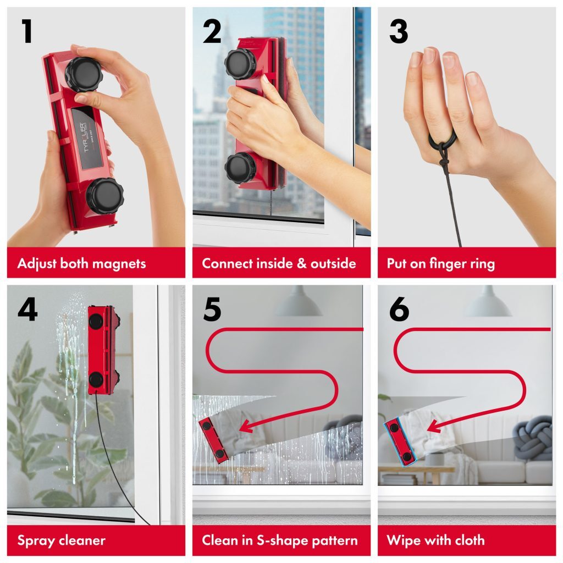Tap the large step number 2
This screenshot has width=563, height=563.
(x=212, y=32)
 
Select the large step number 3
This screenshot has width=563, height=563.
(x=399, y=32)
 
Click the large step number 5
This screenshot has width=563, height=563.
(x=212, y=310)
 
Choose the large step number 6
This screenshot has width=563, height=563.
(x=399, y=310)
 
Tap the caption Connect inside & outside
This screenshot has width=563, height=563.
(x=279, y=263)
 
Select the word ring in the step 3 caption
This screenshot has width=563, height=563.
(x=482, y=263)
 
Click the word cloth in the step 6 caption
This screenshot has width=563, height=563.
(x=467, y=540)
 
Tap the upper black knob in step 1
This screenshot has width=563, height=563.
(x=84, y=74)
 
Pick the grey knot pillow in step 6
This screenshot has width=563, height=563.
(x=532, y=438)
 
